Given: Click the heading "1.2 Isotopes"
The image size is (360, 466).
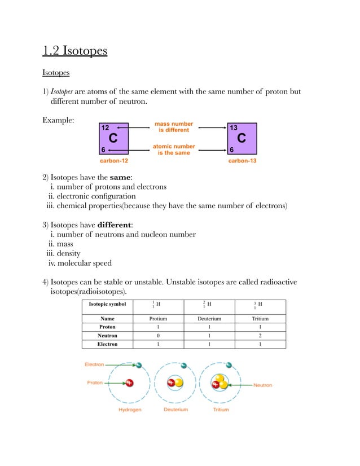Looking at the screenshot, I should point(74,52).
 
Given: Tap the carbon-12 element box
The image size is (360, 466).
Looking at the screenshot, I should point(113,138).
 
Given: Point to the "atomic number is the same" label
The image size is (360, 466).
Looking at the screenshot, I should point(174,150).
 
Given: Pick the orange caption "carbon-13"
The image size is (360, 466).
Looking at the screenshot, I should point(242,161).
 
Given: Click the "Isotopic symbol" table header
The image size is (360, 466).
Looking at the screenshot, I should point(107,304).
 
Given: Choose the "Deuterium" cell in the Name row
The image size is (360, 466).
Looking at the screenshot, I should point(208,318).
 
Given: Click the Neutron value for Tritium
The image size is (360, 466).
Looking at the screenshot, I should point(260,335).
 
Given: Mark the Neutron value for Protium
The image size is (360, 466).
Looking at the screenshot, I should point(157,335).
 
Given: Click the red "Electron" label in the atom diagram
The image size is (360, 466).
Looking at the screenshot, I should point(94,364).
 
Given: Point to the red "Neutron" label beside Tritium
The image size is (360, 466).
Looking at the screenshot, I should point(262,385).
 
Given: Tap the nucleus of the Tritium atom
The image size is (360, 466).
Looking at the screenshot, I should point(219,384).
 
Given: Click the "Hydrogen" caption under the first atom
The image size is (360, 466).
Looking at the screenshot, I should point(129,410).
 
